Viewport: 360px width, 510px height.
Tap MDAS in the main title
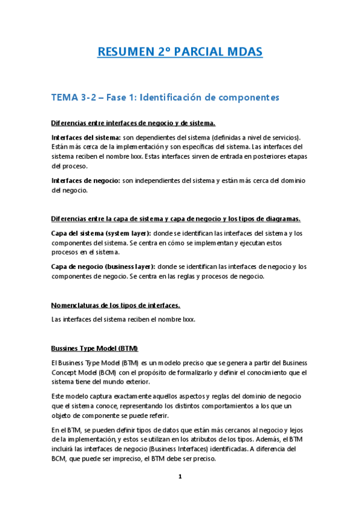(243, 52)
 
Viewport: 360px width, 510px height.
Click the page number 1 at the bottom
(179, 477)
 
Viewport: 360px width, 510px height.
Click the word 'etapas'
(294, 156)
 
